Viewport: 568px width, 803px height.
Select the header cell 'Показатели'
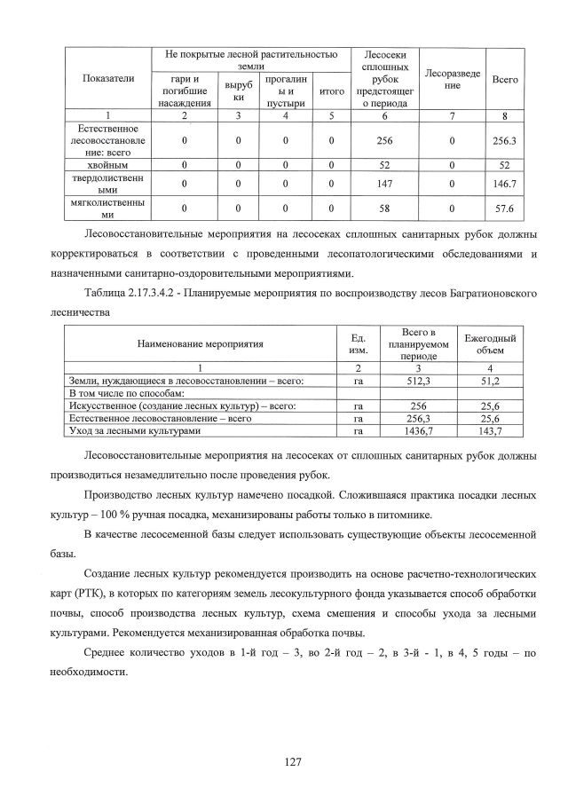pos(107,79)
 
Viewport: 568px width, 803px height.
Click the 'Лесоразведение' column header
pos(452,79)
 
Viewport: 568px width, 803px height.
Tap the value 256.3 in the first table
pos(505,140)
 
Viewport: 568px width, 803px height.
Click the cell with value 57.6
pos(505,209)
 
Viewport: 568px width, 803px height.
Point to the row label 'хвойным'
pos(107,165)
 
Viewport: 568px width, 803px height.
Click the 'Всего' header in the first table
pos(505,79)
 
